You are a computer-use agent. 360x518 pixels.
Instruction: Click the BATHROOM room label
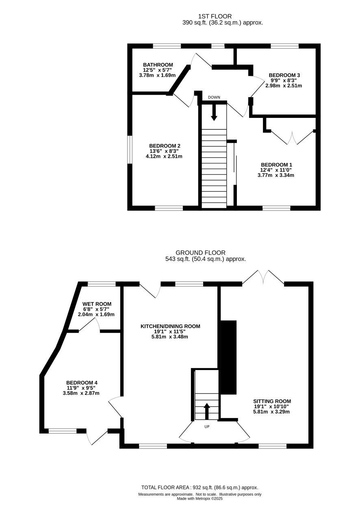coord(158,65)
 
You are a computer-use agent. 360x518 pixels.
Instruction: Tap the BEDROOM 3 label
coord(284,75)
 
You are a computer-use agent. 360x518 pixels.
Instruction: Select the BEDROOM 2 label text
coord(165,146)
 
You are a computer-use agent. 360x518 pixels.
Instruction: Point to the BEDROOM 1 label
coord(276,165)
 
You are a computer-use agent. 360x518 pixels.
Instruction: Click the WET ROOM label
coord(97,304)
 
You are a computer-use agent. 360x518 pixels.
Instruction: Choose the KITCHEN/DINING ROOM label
coord(170,326)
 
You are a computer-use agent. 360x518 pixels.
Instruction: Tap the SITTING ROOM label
coord(272,401)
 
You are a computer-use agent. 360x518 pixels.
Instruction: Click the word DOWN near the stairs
coord(214,97)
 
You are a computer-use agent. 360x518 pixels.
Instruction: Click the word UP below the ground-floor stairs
coord(207,427)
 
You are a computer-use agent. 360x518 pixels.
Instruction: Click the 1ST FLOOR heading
coord(215,16)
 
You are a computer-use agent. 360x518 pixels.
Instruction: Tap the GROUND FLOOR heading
coord(200,253)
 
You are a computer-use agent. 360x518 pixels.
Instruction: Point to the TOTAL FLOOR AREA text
coord(200,488)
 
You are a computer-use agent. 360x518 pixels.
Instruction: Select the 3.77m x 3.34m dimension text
coord(275,175)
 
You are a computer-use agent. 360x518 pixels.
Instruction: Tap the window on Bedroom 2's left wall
coord(130,150)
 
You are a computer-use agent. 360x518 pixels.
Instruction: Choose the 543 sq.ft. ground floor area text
coord(206,259)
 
